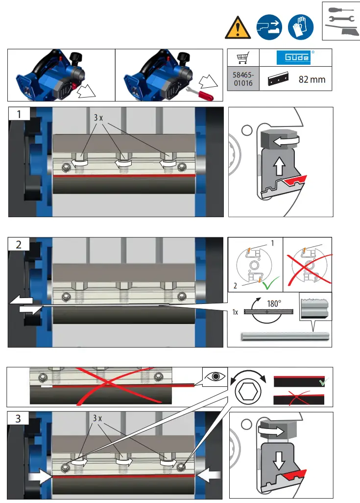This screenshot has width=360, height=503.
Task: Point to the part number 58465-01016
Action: tap(242, 79)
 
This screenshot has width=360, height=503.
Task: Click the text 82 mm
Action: tap(312, 79)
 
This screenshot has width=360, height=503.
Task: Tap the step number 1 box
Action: tap(19, 114)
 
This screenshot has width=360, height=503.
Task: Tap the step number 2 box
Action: tap(19, 245)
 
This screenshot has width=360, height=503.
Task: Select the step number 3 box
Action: tap(19, 419)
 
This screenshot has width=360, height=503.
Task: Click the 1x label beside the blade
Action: tap(236, 312)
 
